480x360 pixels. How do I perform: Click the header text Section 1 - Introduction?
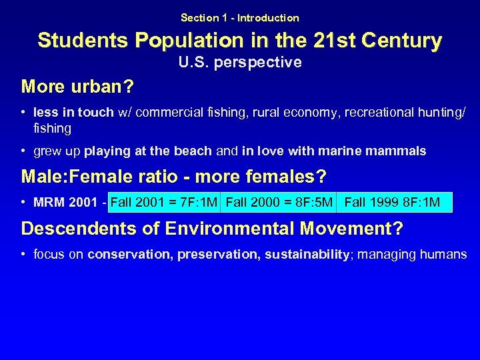coord(240,18)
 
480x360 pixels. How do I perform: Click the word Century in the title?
coord(403,41)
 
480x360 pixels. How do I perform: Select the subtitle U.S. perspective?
coord(240,63)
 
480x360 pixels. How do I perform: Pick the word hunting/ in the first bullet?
coord(445,112)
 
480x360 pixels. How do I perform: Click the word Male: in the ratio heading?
coord(43,177)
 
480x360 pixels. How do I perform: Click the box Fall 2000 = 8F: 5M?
coord(279,202)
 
